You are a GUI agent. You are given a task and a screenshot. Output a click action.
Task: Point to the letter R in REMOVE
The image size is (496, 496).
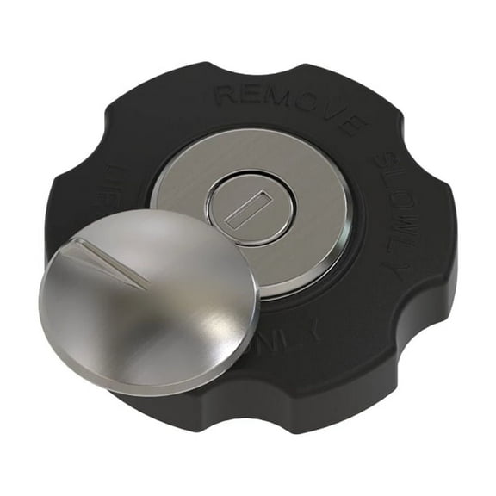coord(226,94)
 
